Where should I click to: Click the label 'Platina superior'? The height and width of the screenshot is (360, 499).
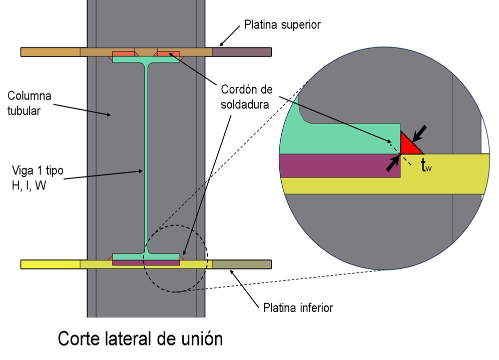click(282, 24)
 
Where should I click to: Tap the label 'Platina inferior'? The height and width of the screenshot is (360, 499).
click(298, 306)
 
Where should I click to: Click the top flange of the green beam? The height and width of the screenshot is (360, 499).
click(146, 59)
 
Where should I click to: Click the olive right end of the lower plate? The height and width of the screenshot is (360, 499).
click(241, 264)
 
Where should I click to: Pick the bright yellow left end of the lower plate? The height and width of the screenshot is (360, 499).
click(50, 264)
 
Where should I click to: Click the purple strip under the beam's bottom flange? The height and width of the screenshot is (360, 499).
click(146, 262)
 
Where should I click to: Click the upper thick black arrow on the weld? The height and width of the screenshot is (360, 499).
click(420, 131)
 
